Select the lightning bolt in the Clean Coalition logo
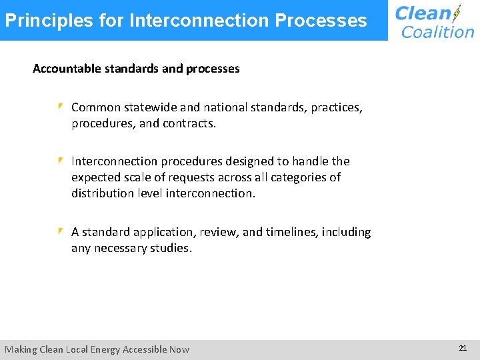click(456, 14)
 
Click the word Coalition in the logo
click(438, 32)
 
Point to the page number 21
click(463, 348)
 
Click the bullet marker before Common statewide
click(60, 107)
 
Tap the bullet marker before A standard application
click(60, 231)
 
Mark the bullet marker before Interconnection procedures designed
click(60, 161)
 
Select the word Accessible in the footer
click(142, 349)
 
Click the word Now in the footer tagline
click(179, 349)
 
